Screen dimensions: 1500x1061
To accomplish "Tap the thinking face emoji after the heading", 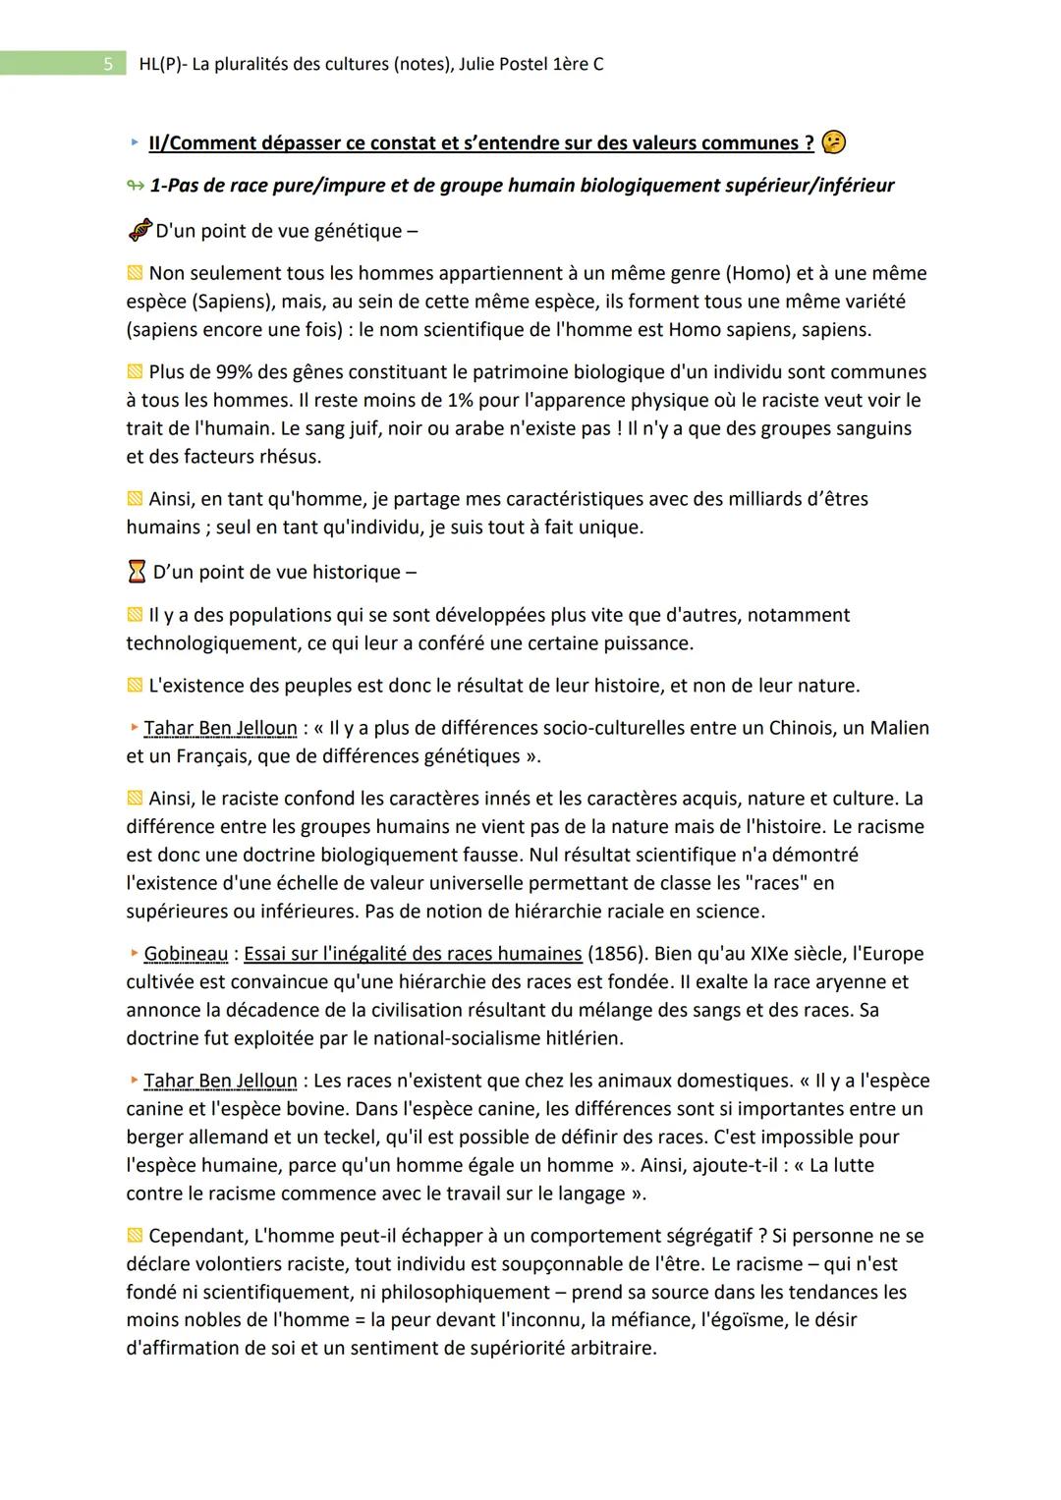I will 834,142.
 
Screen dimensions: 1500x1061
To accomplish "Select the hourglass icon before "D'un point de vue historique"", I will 137,572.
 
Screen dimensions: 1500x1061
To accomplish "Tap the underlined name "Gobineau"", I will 186,954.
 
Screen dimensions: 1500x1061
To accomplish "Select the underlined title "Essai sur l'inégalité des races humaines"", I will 413,954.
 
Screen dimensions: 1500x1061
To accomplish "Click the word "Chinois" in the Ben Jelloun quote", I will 726,728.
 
